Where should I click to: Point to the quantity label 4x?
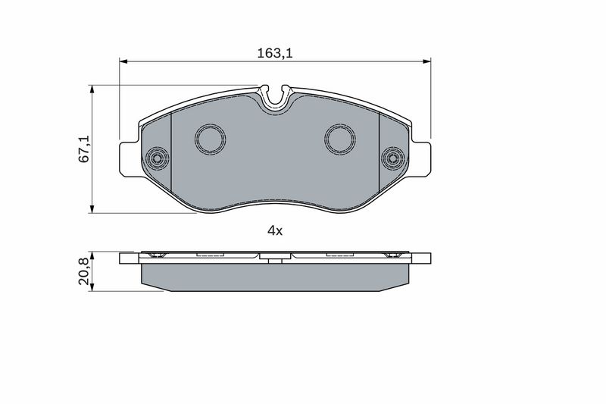274,231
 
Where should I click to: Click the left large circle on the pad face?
210,139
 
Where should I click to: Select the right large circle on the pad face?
340,139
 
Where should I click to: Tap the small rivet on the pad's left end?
157,158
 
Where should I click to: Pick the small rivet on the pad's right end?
393,158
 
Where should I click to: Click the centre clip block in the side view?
275,258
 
